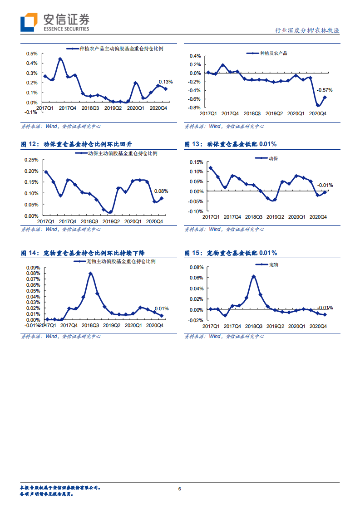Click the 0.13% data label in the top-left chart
pos(165,82)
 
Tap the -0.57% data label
pos(324,89)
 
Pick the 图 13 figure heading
pos(230,144)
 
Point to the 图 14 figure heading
pos(83,253)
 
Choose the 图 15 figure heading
pos(231,253)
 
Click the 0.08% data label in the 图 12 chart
pos(161,191)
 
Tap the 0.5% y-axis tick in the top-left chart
pos(31,53)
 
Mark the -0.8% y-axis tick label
pos(194,108)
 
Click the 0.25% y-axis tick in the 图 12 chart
pos(30,160)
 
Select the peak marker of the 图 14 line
pos(90,274)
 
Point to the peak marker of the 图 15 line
pos(253,276)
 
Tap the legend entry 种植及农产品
pos(273,53)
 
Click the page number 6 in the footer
pos(180,489)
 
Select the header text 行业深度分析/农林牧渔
pos(307,30)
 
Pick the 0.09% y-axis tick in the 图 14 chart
pos(33,268)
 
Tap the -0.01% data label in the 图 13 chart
pos(325,185)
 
